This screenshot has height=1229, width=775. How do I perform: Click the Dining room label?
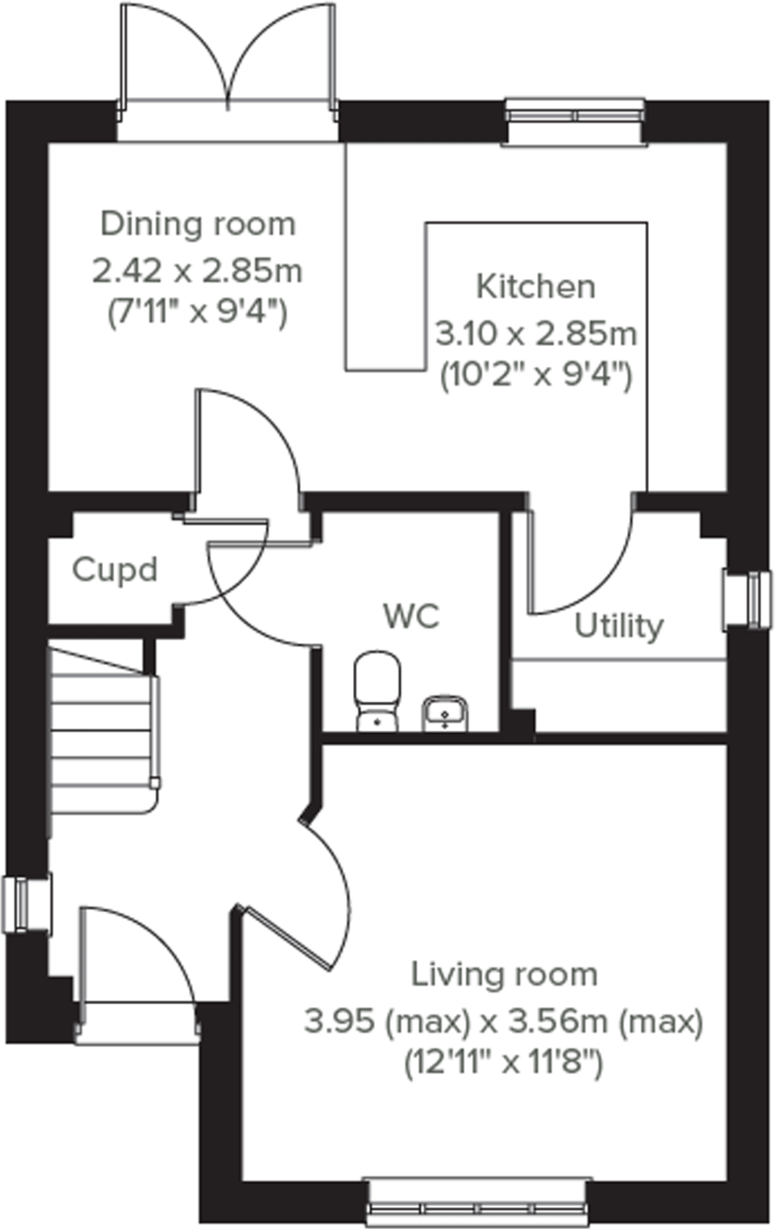coord(198,224)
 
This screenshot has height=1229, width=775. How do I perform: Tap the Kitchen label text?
coord(536,287)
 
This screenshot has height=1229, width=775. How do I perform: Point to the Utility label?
coord(618,626)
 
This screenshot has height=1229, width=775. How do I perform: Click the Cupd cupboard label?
coord(115,570)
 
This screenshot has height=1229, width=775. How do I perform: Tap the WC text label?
coord(411,616)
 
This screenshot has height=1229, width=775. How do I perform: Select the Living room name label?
coord(505,974)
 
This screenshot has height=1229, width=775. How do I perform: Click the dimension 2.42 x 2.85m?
coord(197,271)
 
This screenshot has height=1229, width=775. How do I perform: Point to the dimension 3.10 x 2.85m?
coord(536,334)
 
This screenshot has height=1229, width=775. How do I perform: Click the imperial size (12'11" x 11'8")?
coord(504,1064)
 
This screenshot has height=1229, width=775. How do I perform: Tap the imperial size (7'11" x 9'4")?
coord(197,315)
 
